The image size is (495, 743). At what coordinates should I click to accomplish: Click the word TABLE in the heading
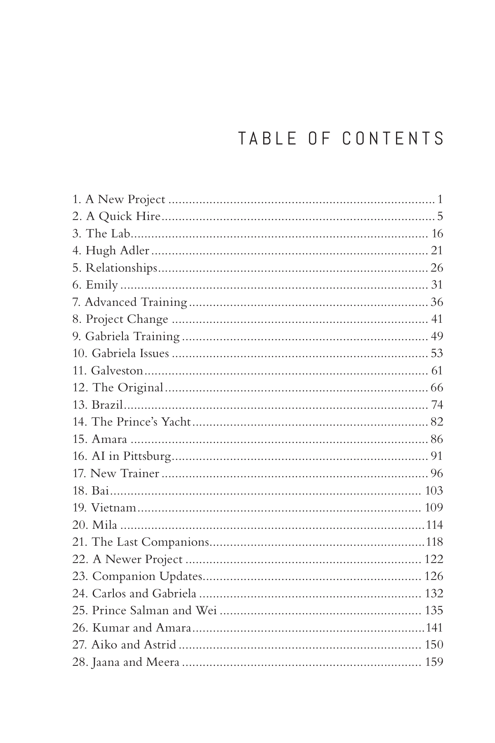[267, 139]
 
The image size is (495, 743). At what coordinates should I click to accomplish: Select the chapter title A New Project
[125, 199]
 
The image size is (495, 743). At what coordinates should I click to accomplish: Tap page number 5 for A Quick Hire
[440, 216]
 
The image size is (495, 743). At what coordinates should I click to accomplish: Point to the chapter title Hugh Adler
[117, 251]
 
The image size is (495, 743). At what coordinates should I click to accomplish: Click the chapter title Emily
[101, 285]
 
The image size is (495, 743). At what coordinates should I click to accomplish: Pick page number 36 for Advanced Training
[437, 302]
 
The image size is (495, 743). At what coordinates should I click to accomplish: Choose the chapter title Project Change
[127, 319]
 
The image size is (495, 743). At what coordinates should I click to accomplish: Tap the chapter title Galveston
[117, 371]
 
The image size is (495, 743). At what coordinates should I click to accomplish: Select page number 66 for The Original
[437, 388]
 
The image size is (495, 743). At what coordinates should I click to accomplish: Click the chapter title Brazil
[107, 405]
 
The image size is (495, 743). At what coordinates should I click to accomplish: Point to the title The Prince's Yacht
[141, 422]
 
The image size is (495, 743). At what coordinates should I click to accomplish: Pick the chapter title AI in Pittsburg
[131, 456]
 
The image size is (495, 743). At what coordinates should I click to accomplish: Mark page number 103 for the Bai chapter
[434, 490]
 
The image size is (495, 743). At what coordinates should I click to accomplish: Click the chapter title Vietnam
[113, 508]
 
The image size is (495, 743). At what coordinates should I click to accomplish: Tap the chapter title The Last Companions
[150, 542]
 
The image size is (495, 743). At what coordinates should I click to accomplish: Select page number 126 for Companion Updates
[434, 576]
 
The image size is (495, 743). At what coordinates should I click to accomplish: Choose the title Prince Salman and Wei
[154, 610]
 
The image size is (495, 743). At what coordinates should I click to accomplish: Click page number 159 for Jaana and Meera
[434, 662]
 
